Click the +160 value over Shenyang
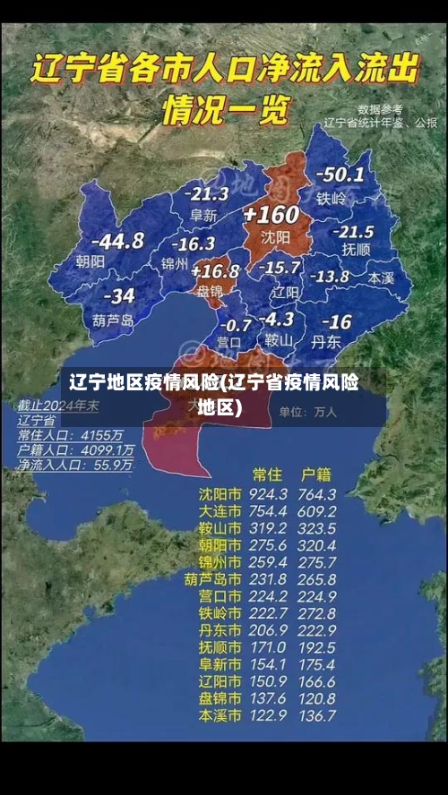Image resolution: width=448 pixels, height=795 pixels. tap(271, 215)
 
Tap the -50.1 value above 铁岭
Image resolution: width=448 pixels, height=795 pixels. tap(340, 175)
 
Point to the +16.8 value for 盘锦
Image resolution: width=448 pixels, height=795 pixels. tap(215, 270)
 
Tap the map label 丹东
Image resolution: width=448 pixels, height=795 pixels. tap(326, 341)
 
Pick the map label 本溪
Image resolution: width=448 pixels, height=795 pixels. tap(381, 278)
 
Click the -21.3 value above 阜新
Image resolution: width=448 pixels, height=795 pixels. tap(206, 193)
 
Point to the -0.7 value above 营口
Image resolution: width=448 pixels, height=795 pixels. tap(236, 324)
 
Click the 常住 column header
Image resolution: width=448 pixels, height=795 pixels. tap(267, 473)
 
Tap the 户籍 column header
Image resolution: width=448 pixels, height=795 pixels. tap(315, 473)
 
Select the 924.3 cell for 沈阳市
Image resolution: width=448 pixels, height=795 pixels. tap(268, 493)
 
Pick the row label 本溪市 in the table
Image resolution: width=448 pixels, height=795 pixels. tap(220, 715)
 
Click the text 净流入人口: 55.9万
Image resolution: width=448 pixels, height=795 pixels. tap(75, 466)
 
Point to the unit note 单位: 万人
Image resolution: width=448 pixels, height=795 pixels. tap(307, 413)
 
